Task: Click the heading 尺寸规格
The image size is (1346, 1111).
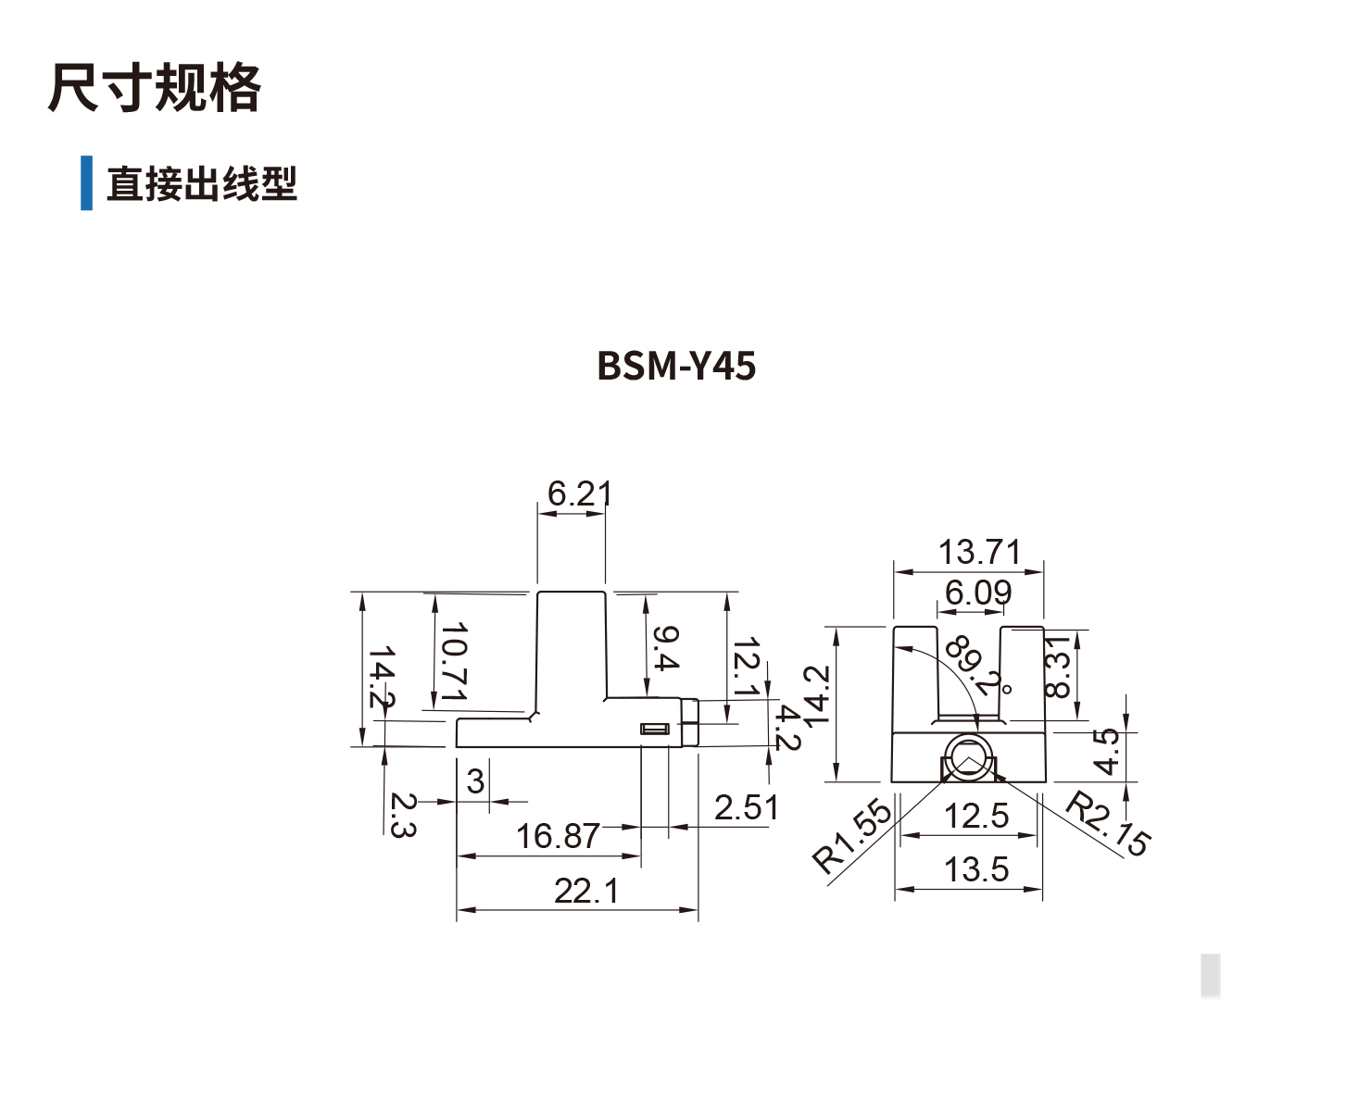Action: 154,89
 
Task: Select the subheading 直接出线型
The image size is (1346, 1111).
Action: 201,183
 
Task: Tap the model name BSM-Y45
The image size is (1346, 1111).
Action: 676,366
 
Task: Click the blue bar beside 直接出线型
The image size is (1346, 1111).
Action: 86,183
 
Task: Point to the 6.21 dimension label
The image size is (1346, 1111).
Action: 579,493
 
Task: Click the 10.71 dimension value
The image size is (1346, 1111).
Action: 454,662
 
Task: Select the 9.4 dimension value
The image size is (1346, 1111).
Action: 665,648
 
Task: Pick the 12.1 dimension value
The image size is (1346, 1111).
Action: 746,667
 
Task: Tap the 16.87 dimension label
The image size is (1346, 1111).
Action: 558,836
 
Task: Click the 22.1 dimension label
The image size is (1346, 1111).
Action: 585,891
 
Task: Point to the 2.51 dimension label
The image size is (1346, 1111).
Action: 746,807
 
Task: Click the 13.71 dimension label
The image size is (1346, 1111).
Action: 979,552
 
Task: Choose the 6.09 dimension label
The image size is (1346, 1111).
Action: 978,593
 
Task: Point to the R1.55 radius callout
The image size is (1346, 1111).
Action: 853,836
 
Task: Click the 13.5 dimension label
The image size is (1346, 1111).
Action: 975,869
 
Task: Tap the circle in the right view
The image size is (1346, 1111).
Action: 968,761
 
